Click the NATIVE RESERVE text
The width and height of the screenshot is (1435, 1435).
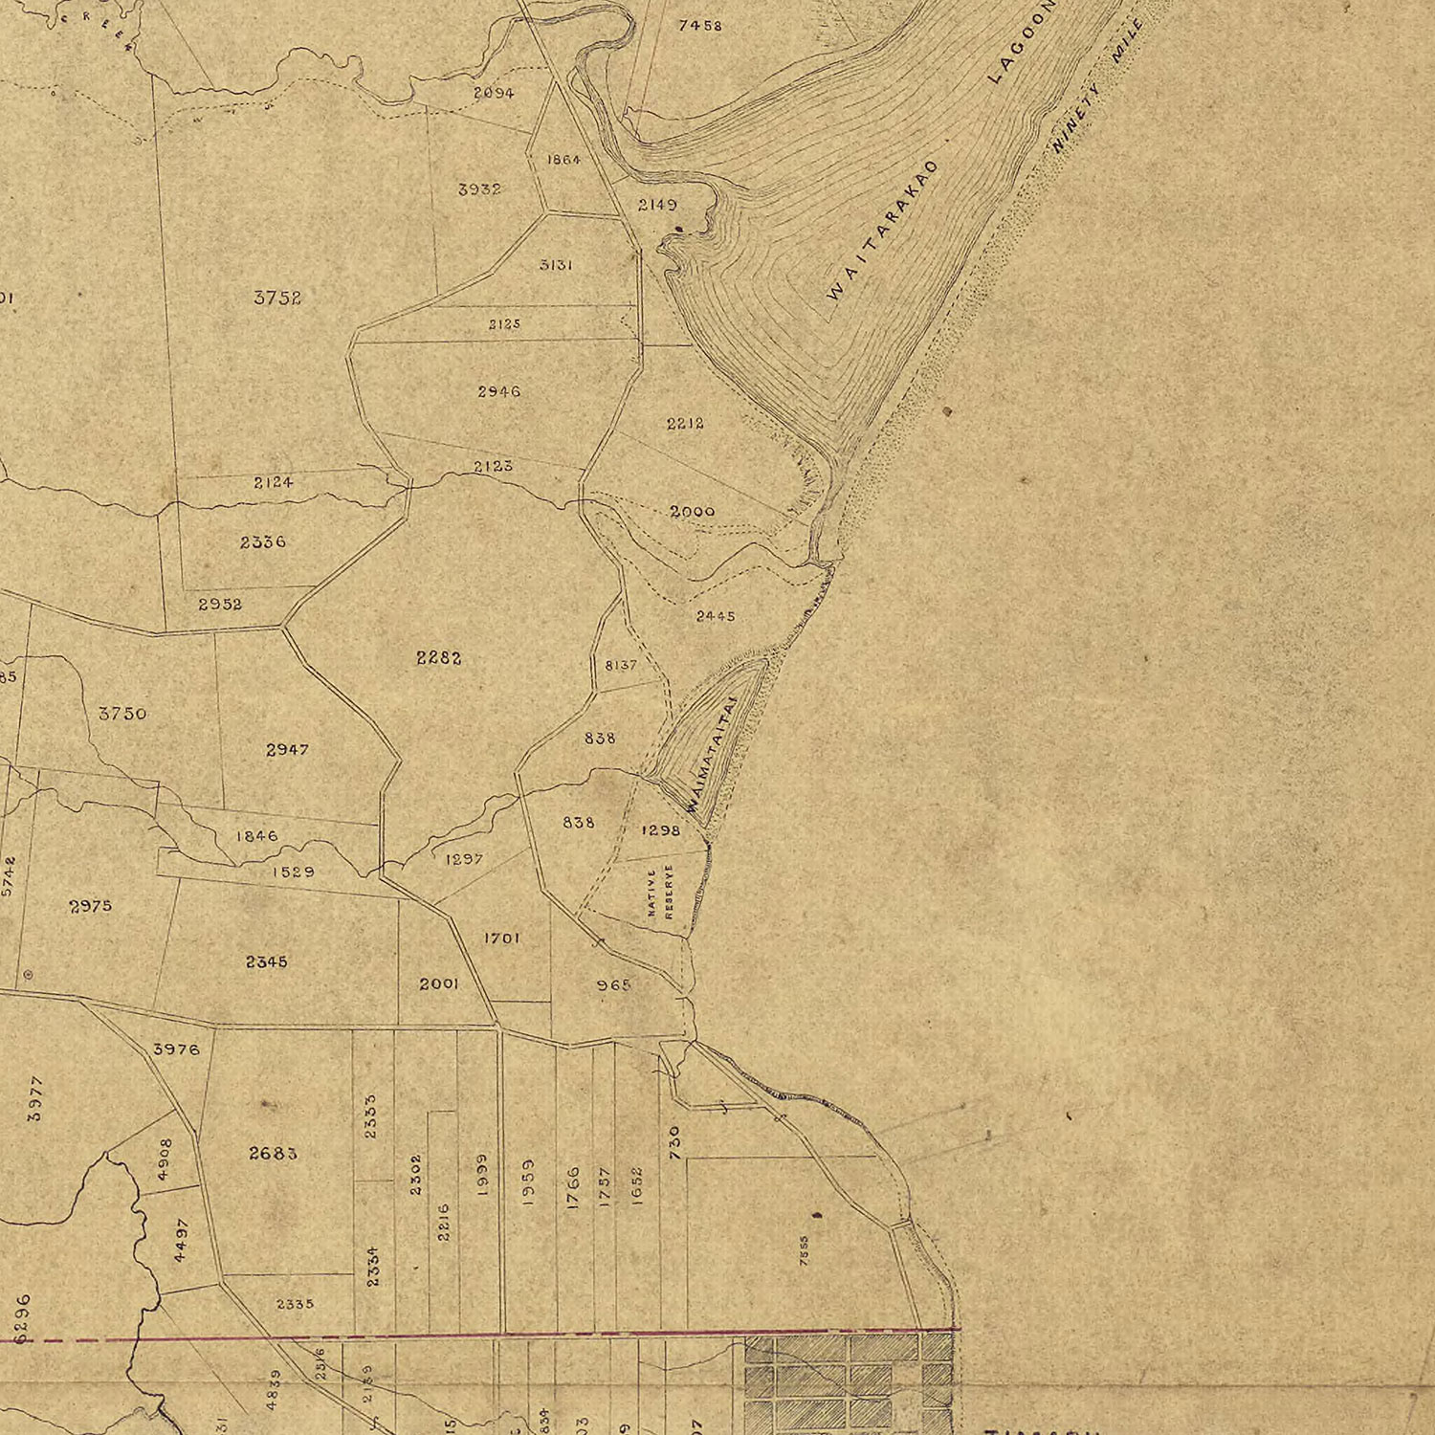[661, 893]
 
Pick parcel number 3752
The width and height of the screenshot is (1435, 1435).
[277, 298]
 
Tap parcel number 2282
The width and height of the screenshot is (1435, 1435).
[439, 657]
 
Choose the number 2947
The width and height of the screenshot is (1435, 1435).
[287, 749]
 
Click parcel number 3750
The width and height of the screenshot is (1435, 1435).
[122, 713]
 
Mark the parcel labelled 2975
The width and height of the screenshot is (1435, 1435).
[91, 905]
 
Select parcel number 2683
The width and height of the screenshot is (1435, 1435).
[273, 1153]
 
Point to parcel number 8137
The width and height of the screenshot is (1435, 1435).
[621, 665]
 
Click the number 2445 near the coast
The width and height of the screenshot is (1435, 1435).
[716, 616]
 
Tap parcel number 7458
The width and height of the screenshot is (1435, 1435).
[699, 26]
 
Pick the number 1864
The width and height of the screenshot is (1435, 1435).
[563, 160]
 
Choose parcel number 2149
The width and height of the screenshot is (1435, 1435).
[657, 205]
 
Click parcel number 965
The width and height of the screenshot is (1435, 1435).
[613, 984]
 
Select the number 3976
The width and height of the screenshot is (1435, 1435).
[176, 1049]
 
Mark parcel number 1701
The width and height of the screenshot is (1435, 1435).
[501, 938]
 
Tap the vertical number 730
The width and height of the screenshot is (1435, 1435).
[673, 1143]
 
